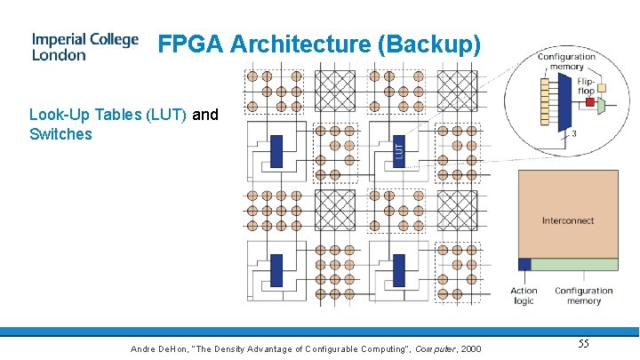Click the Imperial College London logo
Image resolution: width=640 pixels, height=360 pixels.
(x=85, y=47)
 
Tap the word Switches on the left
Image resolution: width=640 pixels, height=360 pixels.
(x=60, y=134)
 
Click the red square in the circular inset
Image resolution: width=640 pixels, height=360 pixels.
(x=588, y=103)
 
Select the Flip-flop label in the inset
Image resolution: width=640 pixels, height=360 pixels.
(x=586, y=86)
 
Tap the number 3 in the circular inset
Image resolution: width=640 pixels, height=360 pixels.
(x=574, y=133)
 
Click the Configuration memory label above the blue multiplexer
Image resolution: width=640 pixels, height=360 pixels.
(x=566, y=61)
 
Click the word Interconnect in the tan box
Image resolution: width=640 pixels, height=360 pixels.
(x=568, y=220)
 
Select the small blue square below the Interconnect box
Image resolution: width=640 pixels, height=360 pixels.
(x=524, y=264)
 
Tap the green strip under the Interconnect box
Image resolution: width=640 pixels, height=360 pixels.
(x=574, y=264)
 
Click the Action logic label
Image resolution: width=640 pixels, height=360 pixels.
(x=524, y=296)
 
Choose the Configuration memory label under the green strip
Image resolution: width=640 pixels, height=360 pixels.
(x=584, y=296)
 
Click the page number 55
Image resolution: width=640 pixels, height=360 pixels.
(x=584, y=344)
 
